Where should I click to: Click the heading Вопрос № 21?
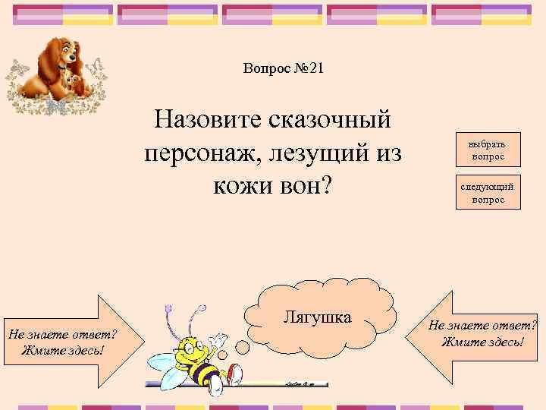(x=284, y=69)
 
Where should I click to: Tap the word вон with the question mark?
(x=309, y=186)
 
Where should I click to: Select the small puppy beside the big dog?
(x=73, y=79)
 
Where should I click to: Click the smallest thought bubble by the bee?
(x=225, y=355)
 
